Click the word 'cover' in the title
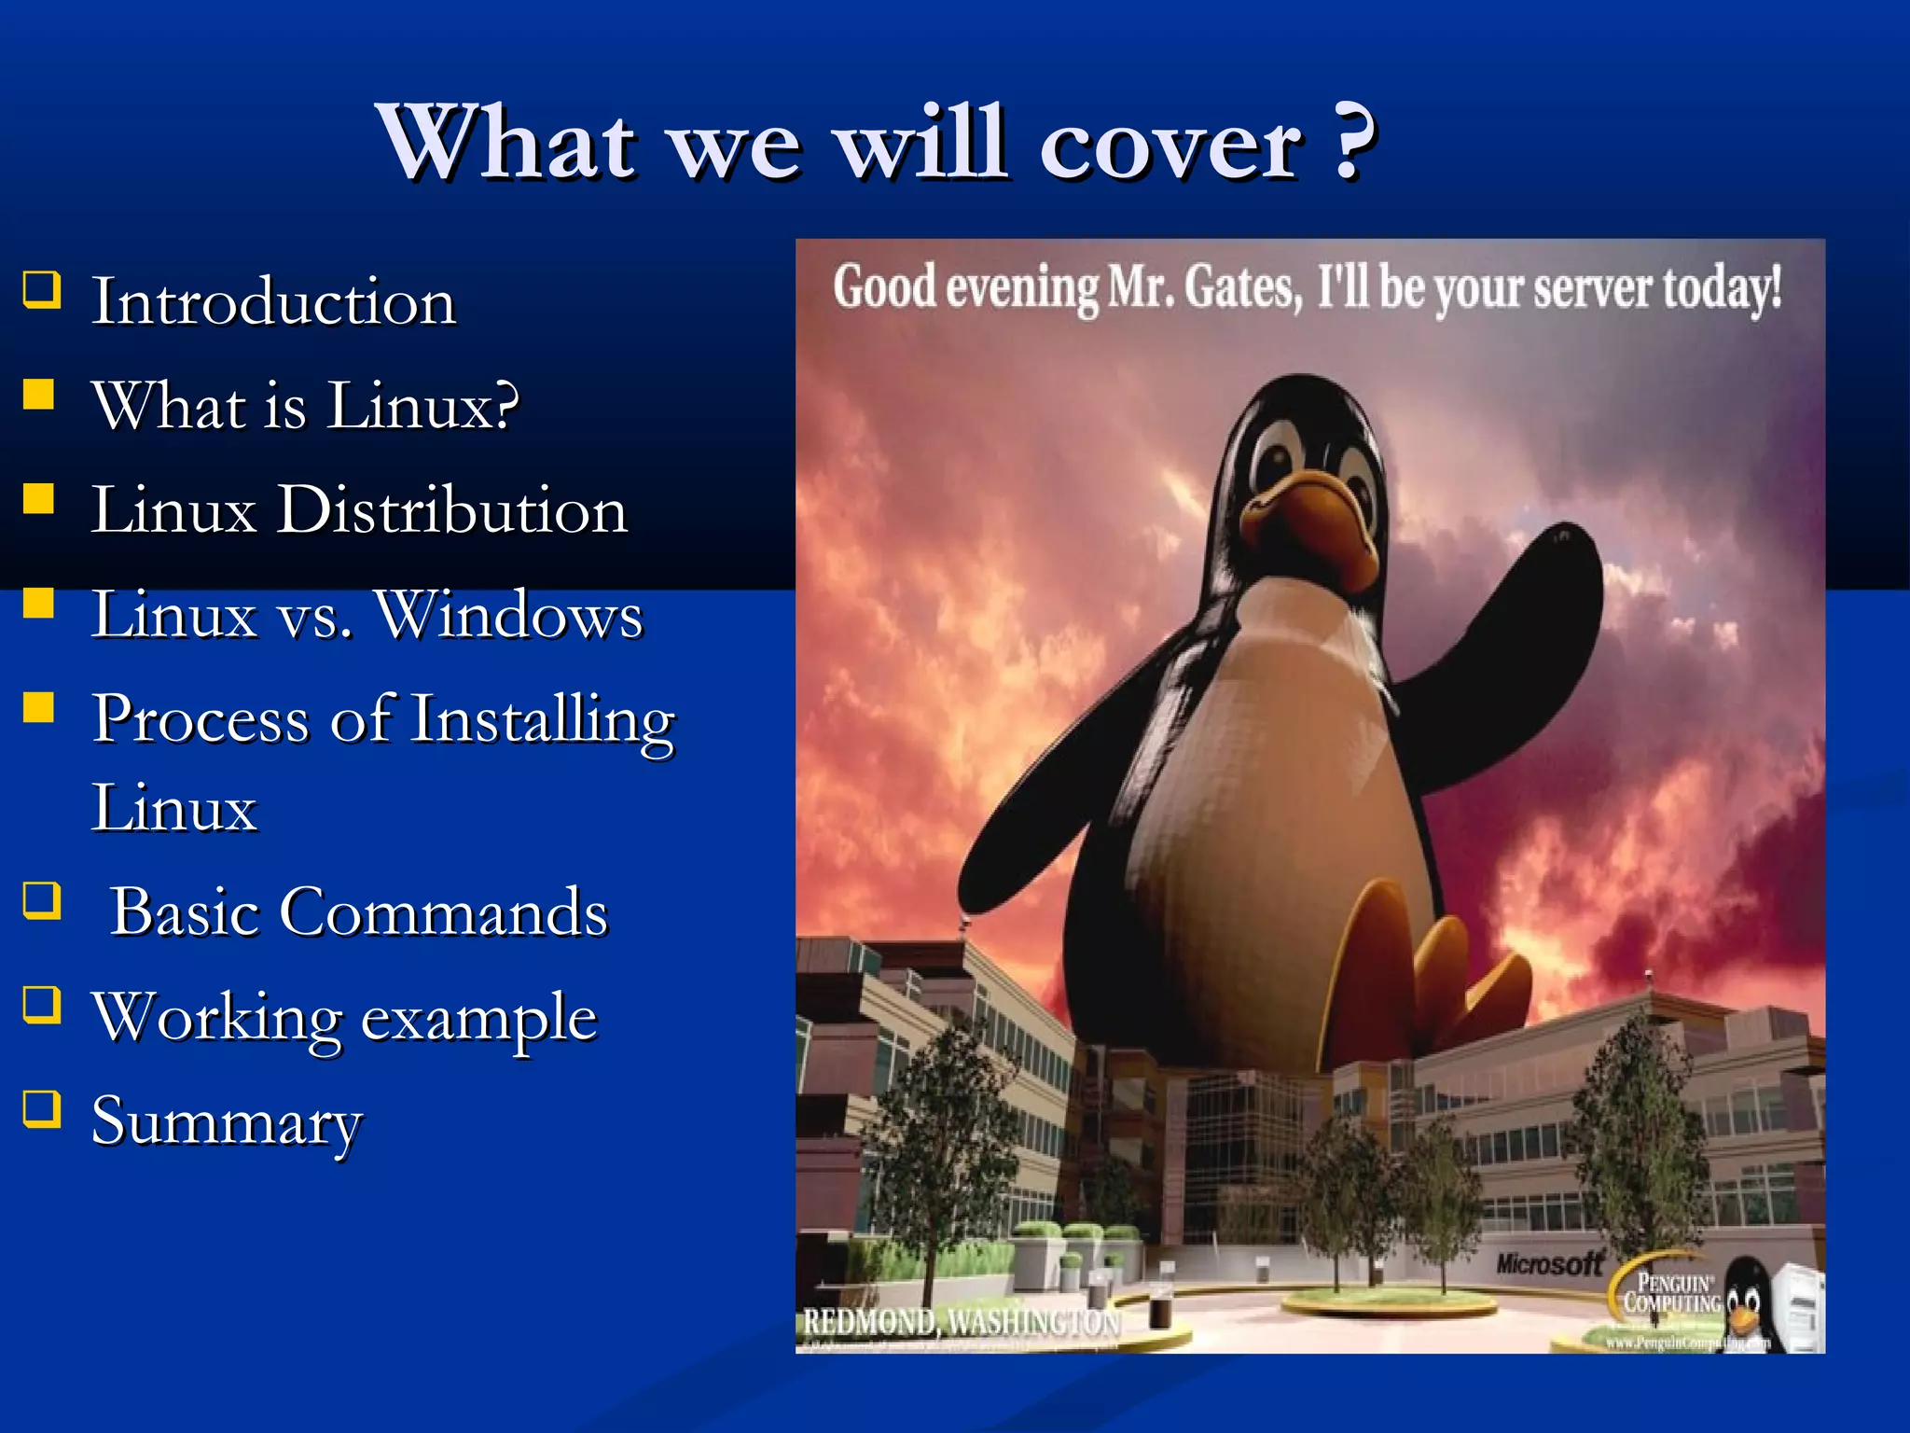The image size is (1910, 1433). point(1170,145)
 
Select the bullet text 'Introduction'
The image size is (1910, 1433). point(273,302)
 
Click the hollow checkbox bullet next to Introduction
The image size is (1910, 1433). point(42,289)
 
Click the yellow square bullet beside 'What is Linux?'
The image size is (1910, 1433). point(39,394)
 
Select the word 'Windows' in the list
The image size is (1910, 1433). point(509,616)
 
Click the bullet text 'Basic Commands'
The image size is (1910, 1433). point(359,912)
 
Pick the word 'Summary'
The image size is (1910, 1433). point(227,1122)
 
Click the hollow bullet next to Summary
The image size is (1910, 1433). point(42,1109)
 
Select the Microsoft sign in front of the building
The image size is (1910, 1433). point(1548,1264)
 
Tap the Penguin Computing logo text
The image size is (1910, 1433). point(1671,1293)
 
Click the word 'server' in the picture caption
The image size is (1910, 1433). point(1592,288)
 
